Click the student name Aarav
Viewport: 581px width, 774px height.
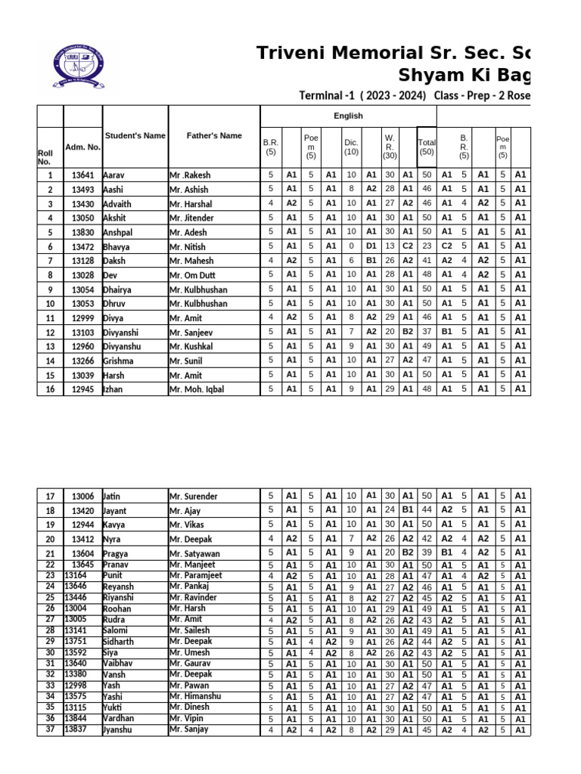pyautogui.click(x=113, y=175)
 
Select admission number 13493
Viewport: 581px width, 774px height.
pyautogui.click(x=83, y=190)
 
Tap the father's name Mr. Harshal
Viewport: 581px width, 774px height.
pyautogui.click(x=191, y=204)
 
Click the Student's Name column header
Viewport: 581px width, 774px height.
pyautogui.click(x=135, y=136)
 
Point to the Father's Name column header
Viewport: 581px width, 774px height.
pyautogui.click(x=214, y=136)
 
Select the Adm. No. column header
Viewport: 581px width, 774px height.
pyautogui.click(x=83, y=147)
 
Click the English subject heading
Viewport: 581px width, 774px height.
pyautogui.click(x=348, y=116)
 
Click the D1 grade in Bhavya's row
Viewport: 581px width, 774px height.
pyautogui.click(x=371, y=246)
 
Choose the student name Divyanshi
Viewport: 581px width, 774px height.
pyautogui.click(x=122, y=332)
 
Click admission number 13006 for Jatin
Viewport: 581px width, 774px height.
pyautogui.click(x=83, y=497)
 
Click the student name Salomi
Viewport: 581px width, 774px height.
pyautogui.click(x=115, y=630)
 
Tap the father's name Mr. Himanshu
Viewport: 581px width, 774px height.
pyautogui.click(x=195, y=696)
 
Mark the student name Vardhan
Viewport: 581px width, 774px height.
pyautogui.click(x=118, y=718)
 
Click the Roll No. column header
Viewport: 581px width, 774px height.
pyautogui.click(x=45, y=157)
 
